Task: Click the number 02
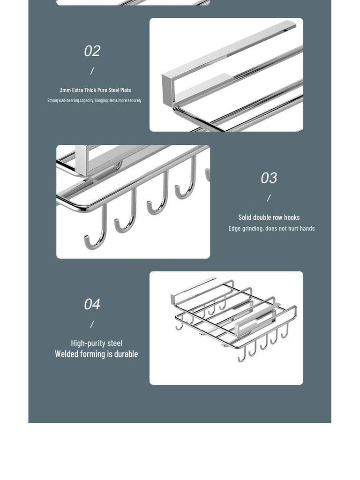pyautogui.click(x=92, y=51)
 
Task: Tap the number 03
pyautogui.click(x=269, y=178)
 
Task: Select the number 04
pyautogui.click(x=92, y=304)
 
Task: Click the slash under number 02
pyautogui.click(x=92, y=71)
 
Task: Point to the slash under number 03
pyautogui.click(x=269, y=198)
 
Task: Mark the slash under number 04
pyautogui.click(x=92, y=324)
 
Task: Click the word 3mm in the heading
pyautogui.click(x=65, y=90)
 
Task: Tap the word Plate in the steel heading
pyautogui.click(x=126, y=90)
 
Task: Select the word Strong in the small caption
pyautogui.click(x=52, y=100)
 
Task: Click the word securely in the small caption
pyautogui.click(x=135, y=100)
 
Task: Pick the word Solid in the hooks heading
pyautogui.click(x=245, y=217)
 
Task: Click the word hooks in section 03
pyautogui.click(x=292, y=217)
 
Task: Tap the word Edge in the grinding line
pyautogui.click(x=234, y=228)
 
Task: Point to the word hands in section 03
pyautogui.click(x=307, y=228)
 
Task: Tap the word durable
pyautogui.click(x=126, y=354)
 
